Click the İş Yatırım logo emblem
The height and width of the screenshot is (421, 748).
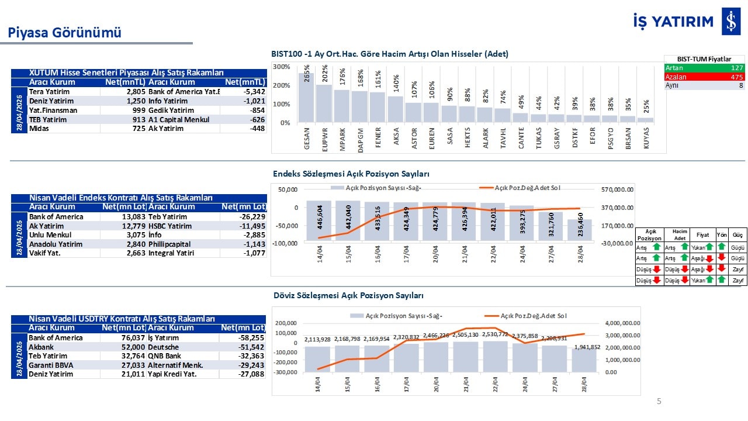pyautogui.click(x=730, y=22)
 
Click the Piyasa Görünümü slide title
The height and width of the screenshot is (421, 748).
pyautogui.click(x=65, y=33)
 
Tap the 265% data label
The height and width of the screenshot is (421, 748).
pyautogui.click(x=307, y=74)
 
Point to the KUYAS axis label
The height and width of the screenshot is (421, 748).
pyautogui.click(x=646, y=139)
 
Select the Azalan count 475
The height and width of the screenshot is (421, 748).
pyautogui.click(x=736, y=77)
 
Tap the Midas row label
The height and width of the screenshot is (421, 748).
pyautogui.click(x=39, y=128)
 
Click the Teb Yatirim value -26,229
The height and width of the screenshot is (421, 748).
pyautogui.click(x=252, y=217)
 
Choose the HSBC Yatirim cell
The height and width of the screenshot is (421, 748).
pyautogui.click(x=170, y=226)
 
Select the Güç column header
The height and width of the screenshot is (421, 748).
pyautogui.click(x=737, y=235)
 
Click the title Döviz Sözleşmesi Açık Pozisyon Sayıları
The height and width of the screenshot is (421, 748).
pyautogui.click(x=348, y=296)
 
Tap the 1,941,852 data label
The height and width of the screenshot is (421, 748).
pyautogui.click(x=586, y=347)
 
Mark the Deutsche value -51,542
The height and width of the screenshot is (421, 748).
pyautogui.click(x=251, y=347)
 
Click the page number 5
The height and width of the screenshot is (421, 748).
pyautogui.click(x=659, y=401)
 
